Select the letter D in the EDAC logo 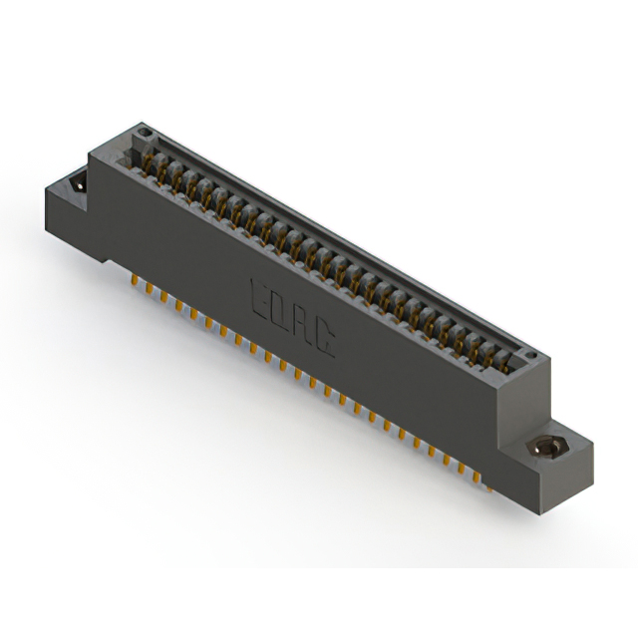pos(280,310)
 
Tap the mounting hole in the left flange pos(76,185)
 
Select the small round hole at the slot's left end pos(145,132)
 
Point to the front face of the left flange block pos(74,224)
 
